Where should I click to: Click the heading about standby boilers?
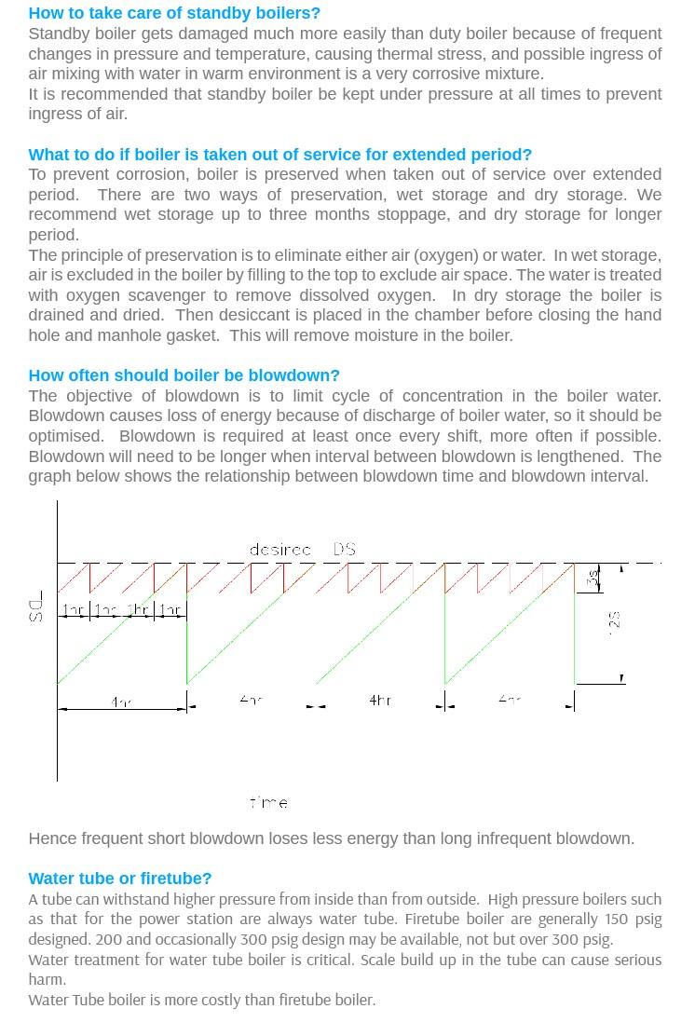coord(174,13)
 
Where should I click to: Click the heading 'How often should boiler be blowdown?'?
coord(184,375)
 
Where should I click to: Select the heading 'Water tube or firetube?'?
coord(120,879)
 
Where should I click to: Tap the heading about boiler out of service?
coord(279,155)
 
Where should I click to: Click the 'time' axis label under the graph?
coord(269,802)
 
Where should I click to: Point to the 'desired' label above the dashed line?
coord(279,550)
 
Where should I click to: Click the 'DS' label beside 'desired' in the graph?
coord(344,550)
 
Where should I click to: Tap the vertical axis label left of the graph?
coord(36,610)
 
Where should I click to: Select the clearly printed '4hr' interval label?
coord(379,700)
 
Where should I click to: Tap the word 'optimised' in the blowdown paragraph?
coord(65,436)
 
